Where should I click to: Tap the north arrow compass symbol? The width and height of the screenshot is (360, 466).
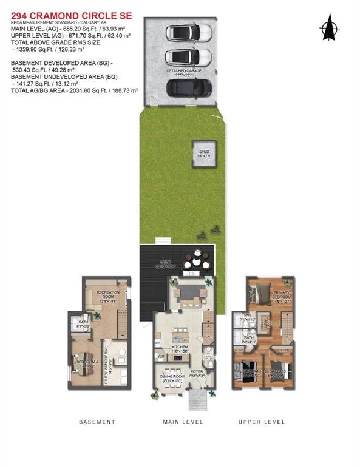(x=328, y=28)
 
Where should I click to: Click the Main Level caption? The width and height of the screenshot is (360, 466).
(x=182, y=421)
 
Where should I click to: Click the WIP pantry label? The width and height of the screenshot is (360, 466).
(x=161, y=356)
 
